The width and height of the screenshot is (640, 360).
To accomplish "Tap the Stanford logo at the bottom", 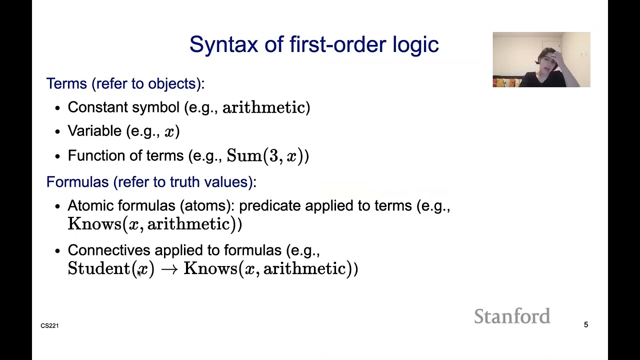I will (512, 316).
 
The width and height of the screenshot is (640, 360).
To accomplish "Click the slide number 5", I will (586, 325).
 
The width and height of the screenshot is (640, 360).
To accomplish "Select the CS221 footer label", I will (49, 325).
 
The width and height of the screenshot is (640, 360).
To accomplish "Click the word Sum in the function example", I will (244, 155).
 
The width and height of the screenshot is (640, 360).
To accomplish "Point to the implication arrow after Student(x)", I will (169, 269).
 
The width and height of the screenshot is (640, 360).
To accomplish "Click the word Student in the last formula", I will (98, 268).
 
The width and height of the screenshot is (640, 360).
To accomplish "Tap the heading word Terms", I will (66, 83).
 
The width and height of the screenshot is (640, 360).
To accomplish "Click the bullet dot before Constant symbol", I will (57, 108).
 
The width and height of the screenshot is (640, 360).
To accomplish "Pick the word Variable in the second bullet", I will (94, 131).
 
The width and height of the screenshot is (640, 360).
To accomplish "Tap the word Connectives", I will (108, 250).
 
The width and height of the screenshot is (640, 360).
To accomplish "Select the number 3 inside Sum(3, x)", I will (273, 155).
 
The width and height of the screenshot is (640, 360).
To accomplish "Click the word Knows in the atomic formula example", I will (94, 224).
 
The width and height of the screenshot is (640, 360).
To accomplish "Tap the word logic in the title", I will (415, 45).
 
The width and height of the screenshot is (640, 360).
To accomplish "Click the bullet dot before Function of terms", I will (57, 156).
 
